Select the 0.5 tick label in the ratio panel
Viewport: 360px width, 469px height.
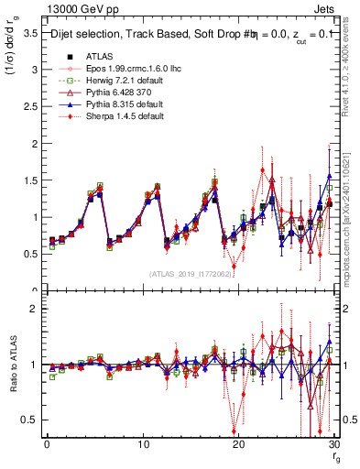pyautogui.click(x=31, y=420)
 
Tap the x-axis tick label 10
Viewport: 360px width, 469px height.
pyautogui.click(x=143, y=444)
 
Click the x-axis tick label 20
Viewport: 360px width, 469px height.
pyautogui.click(x=238, y=444)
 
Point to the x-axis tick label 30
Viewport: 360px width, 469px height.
pyautogui.click(x=333, y=444)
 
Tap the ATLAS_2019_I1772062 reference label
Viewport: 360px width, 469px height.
pyautogui.click(x=189, y=272)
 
